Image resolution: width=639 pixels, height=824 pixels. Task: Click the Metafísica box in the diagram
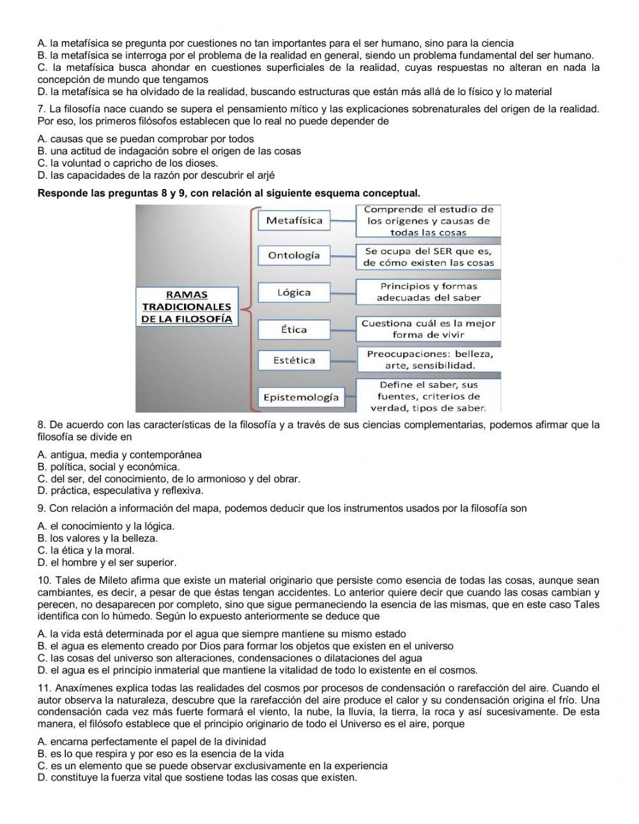pyautogui.click(x=294, y=221)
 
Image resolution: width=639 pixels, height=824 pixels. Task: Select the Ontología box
pyautogui.click(x=294, y=255)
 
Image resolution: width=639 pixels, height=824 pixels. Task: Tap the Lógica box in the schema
pyautogui.click(x=294, y=292)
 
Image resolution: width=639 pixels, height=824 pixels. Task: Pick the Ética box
pyautogui.click(x=294, y=329)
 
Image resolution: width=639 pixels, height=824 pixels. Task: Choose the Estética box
pyautogui.click(x=294, y=360)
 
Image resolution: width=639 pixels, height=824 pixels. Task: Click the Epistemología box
pyautogui.click(x=301, y=397)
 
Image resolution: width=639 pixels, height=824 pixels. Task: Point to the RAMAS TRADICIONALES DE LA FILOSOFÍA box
pyautogui.click(x=187, y=306)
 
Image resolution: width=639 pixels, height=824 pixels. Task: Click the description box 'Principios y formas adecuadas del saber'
pyautogui.click(x=428, y=292)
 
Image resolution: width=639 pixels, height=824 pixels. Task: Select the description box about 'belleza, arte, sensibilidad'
pyautogui.click(x=429, y=359)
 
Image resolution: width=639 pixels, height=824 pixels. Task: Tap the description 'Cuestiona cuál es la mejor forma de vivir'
pyautogui.click(x=428, y=329)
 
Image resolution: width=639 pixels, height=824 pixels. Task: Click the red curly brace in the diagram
pyautogui.click(x=250, y=306)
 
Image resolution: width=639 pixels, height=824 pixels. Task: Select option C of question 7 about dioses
pyautogui.click(x=128, y=163)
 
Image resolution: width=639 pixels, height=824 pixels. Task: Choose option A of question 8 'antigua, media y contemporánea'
pyautogui.click(x=119, y=454)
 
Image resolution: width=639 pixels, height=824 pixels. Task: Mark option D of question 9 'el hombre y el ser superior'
pyautogui.click(x=107, y=562)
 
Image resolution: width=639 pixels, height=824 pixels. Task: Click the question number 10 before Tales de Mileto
pyautogui.click(x=44, y=580)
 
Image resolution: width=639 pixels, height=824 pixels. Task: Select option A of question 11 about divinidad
pyautogui.click(x=151, y=741)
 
